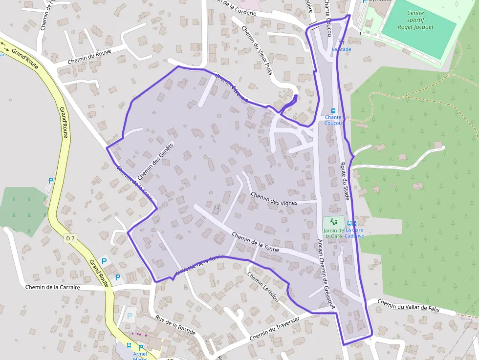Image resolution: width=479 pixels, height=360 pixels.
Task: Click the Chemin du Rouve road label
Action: tap(89, 57)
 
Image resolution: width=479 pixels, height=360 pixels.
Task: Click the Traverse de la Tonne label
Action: tap(199, 264)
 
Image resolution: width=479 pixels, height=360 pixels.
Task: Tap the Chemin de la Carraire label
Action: tap(52, 287)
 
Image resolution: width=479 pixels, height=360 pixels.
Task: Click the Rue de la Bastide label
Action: tap(175, 325)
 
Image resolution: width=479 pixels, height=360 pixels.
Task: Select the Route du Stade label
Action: tap(345, 181)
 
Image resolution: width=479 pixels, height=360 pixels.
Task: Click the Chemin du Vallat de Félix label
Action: tap(409, 307)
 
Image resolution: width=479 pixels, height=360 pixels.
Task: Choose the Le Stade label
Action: tap(341, 49)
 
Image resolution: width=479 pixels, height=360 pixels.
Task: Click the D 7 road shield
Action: tap(70, 238)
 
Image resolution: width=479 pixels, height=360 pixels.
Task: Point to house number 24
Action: tap(217, 208)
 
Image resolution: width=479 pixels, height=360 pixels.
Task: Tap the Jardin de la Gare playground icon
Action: tap(333, 222)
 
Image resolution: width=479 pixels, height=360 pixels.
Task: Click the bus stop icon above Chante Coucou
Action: tap(333, 111)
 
